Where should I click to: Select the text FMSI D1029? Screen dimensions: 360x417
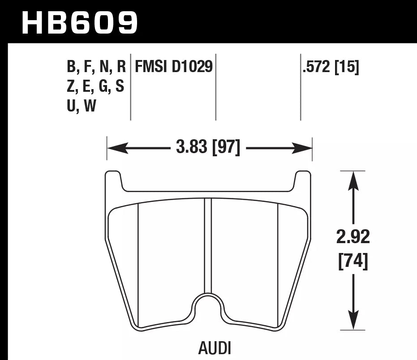pos(174,67)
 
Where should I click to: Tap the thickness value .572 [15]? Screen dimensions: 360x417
pos(331,67)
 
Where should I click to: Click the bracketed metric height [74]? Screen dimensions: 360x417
pos(353,261)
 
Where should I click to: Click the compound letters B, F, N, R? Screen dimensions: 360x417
pos(96,67)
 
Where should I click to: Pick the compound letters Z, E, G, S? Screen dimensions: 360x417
pos(95,87)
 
